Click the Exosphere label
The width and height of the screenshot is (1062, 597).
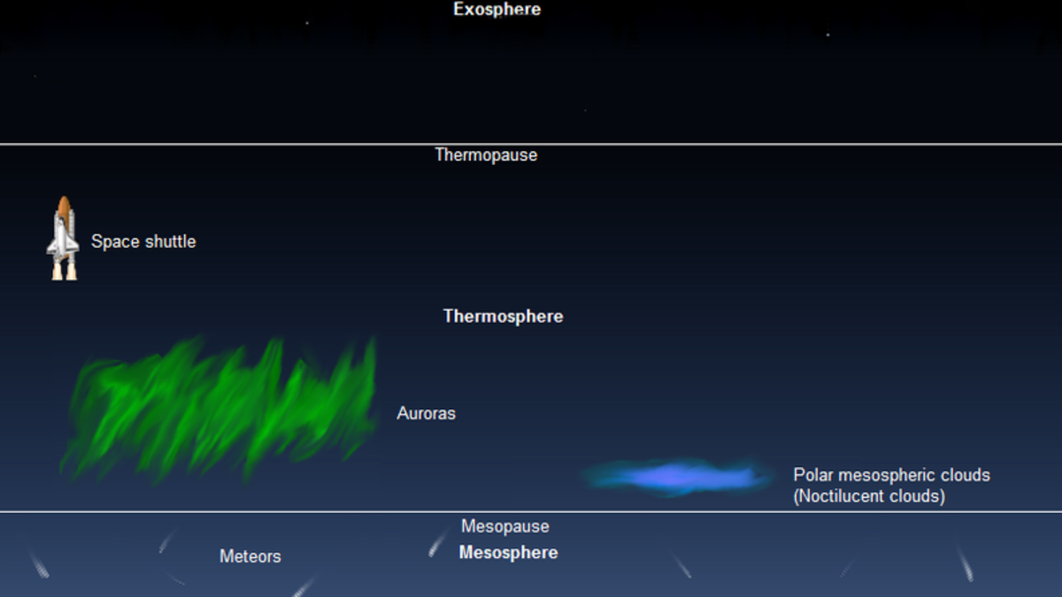496,10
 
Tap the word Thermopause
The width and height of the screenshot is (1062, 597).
486,156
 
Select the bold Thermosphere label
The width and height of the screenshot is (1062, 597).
503,317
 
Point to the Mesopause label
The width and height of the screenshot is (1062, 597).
505,526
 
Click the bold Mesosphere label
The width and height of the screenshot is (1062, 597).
508,553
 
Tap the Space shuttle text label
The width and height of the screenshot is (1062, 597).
143,241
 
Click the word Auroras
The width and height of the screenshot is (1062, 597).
426,413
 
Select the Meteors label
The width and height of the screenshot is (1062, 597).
250,556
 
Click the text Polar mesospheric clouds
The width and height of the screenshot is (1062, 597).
891,475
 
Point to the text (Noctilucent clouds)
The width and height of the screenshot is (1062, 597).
869,496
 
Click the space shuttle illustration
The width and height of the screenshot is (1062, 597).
63,238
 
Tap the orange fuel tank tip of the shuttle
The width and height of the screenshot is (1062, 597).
64,198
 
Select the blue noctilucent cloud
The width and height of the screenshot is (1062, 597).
675,477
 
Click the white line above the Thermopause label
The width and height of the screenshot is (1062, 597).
531,144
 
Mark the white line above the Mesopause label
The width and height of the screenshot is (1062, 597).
531,512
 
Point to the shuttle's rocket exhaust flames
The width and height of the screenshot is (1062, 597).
65,272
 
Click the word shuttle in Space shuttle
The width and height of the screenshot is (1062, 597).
170,241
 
